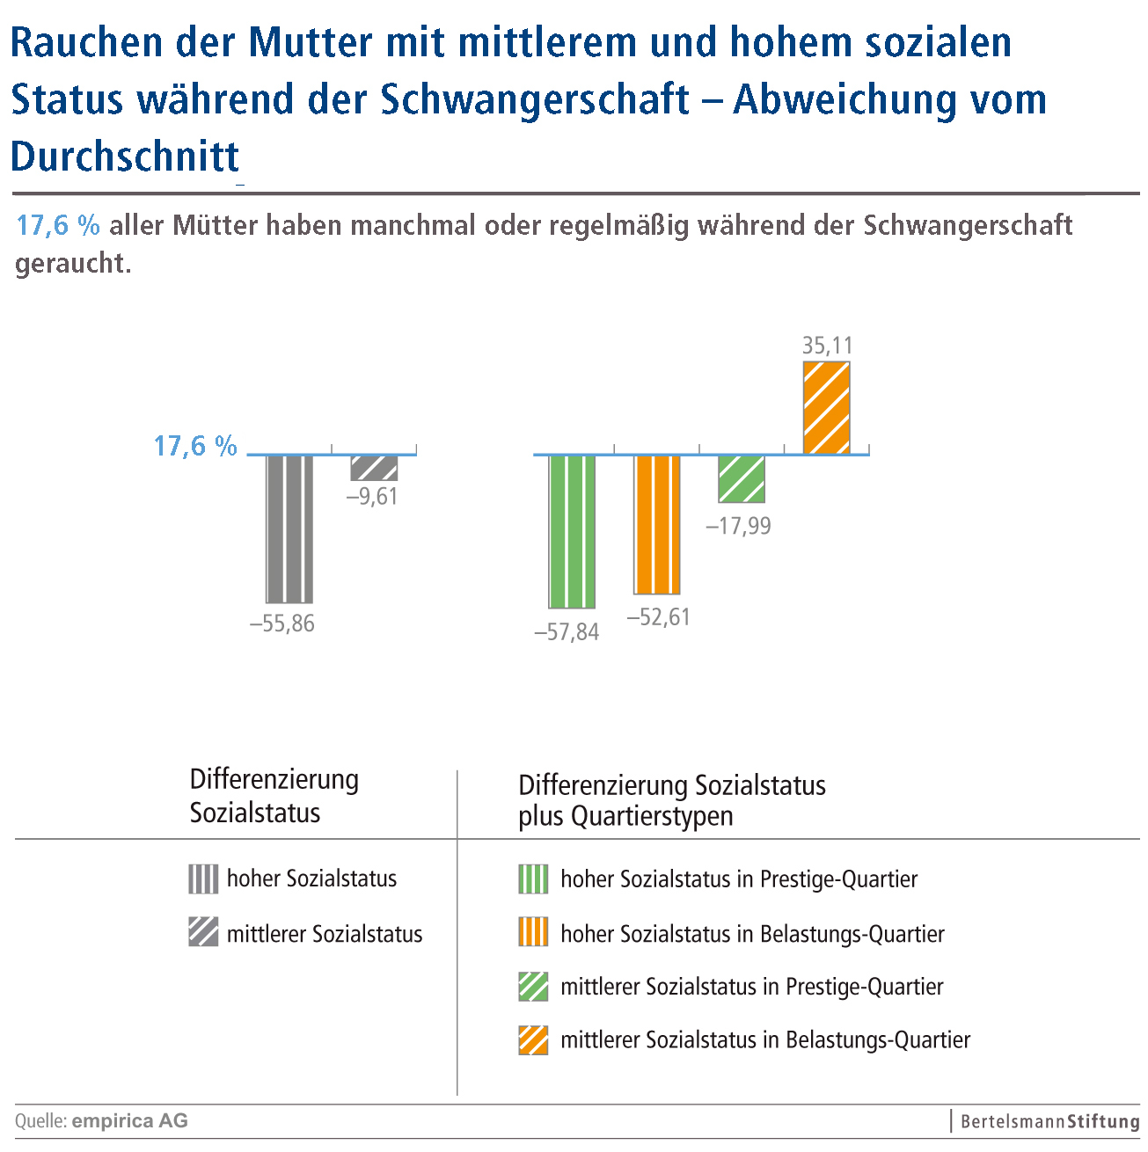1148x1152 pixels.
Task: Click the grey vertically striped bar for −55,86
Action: [x=289, y=528]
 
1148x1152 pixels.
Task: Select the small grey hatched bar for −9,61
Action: [x=374, y=468]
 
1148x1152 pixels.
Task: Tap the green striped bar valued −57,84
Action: [x=572, y=531]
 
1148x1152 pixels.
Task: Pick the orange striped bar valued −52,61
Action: [x=657, y=524]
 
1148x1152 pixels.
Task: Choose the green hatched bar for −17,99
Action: [x=742, y=478]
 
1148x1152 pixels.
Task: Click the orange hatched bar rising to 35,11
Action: [x=827, y=407]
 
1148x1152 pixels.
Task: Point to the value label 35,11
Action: [x=827, y=346]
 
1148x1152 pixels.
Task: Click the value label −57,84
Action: [x=567, y=632]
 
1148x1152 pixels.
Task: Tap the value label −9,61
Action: [x=372, y=497]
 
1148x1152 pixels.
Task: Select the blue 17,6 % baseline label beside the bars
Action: [x=195, y=447]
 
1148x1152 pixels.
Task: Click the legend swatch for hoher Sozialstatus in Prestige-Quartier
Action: [x=533, y=879]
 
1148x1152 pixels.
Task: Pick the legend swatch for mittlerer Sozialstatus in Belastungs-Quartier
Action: [x=533, y=1040]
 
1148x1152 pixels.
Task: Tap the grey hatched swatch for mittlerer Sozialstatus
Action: [x=203, y=932]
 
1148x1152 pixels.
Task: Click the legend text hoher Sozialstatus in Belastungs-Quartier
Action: [x=752, y=934]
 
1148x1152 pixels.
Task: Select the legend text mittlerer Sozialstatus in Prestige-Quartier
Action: [x=751, y=987]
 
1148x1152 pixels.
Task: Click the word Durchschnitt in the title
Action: [x=125, y=157]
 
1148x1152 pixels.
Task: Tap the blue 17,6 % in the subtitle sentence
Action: [x=58, y=226]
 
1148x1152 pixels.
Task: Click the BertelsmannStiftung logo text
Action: [x=1049, y=1121]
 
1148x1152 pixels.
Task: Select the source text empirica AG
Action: [x=129, y=1120]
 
